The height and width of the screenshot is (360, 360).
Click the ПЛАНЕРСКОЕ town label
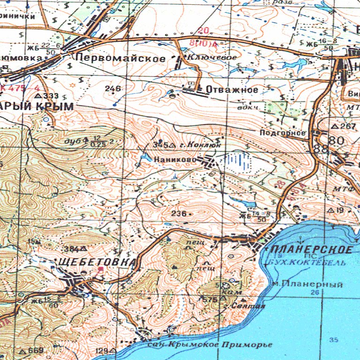tap(311, 249)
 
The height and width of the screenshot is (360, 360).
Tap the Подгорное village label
tap(283, 133)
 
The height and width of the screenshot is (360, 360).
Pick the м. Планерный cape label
tap(307, 285)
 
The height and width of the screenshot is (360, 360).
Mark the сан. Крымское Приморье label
tap(209, 345)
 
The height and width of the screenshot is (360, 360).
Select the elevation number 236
tap(179, 214)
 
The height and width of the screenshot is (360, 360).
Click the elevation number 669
tap(36, 351)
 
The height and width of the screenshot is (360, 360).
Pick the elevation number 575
tap(212, 299)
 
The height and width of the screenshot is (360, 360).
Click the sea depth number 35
tap(333, 339)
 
